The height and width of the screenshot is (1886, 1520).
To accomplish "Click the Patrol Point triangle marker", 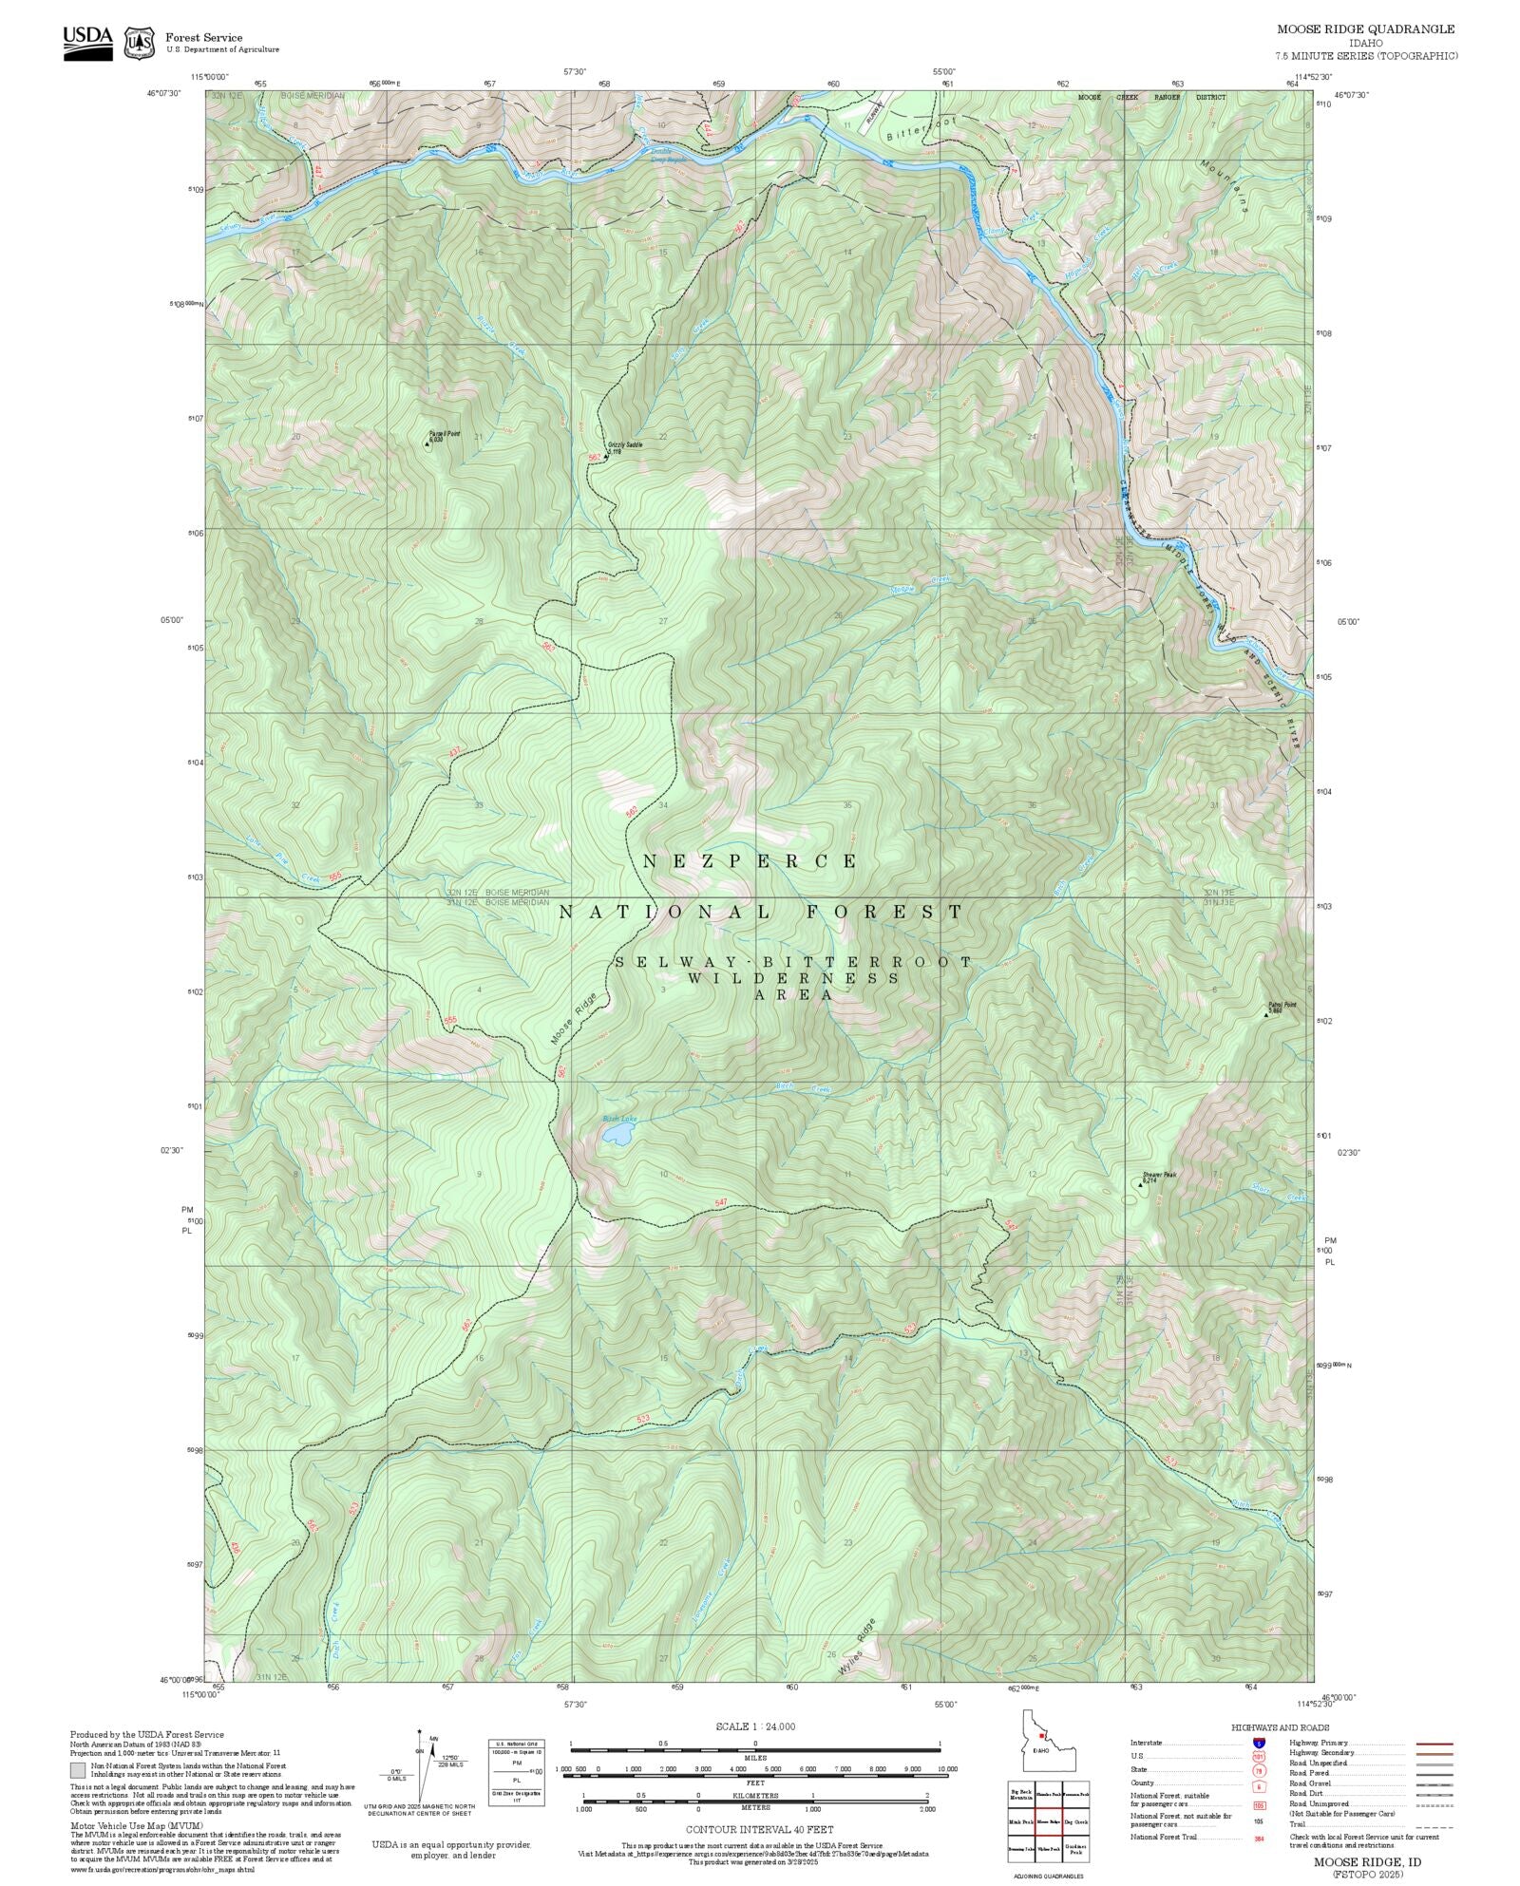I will pyautogui.click(x=1266, y=1014).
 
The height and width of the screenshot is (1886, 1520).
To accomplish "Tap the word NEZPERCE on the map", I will pyautogui.click(x=750, y=861).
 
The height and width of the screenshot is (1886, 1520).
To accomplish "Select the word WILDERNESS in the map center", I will pyautogui.click(x=793, y=978).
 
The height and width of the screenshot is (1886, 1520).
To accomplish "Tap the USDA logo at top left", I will pyautogui.click(x=87, y=42).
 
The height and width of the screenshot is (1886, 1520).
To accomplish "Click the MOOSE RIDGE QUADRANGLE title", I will pyautogui.click(x=1365, y=29).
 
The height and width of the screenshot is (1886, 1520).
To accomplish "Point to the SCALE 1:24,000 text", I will pyautogui.click(x=755, y=1726).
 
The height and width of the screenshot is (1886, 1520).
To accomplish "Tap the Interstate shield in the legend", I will pyautogui.click(x=1259, y=1744).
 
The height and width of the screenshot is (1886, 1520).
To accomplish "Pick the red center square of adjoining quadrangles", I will pyautogui.click(x=1049, y=1822).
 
